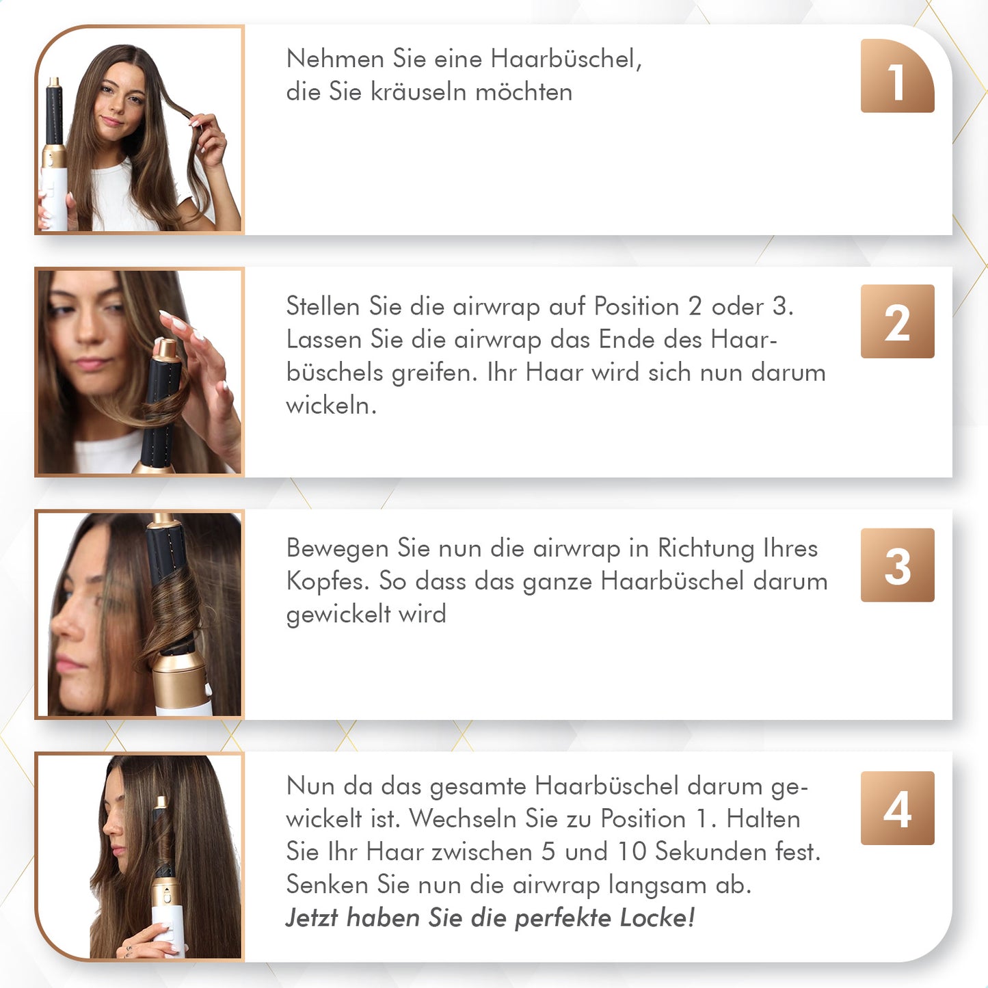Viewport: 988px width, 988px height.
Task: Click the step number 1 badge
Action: pos(897,77)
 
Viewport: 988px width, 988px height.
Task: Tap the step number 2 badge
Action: pos(897,321)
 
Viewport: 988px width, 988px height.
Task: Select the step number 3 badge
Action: pos(897,565)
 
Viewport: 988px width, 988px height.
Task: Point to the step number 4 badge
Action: pos(897,808)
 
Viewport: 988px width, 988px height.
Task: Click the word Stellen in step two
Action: pos(323,306)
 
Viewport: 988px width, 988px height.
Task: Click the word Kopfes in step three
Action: pos(328,581)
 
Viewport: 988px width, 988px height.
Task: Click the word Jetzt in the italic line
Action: pos(312,918)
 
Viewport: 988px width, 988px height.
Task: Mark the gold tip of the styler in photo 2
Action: pos(165,349)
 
